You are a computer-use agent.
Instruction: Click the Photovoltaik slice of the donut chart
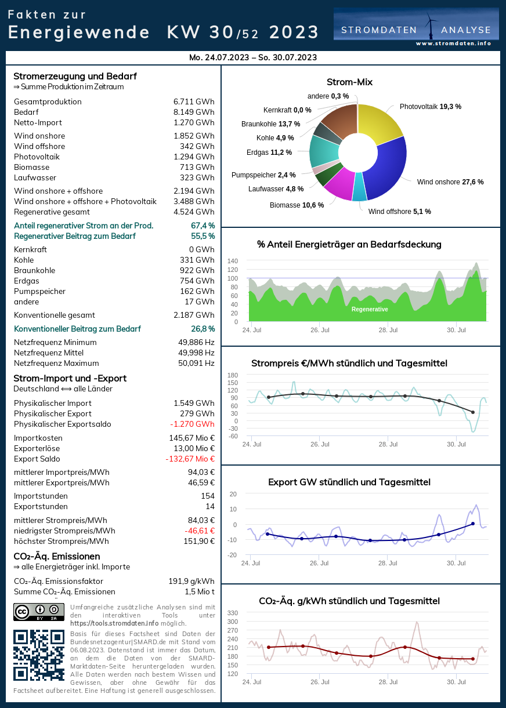click(x=384, y=124)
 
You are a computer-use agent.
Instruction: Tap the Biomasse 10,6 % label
click(x=297, y=205)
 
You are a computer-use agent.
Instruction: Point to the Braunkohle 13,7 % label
click(x=270, y=124)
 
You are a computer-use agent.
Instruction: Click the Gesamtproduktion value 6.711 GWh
click(x=194, y=102)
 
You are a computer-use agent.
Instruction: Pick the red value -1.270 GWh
click(x=194, y=424)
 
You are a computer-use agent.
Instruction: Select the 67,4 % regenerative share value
click(x=203, y=226)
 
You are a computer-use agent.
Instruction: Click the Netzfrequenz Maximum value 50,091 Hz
click(x=196, y=364)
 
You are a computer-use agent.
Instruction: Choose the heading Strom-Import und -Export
click(x=70, y=379)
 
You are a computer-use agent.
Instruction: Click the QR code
click(x=38, y=655)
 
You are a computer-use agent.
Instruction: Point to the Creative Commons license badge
click(x=38, y=612)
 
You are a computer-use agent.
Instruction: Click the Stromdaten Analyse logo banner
click(x=415, y=27)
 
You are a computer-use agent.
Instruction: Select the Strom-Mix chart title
click(x=349, y=82)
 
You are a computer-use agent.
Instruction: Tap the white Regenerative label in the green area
click(x=370, y=310)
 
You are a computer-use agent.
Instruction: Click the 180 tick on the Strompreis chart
click(x=232, y=375)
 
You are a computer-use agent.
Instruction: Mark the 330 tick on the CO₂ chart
click(x=232, y=613)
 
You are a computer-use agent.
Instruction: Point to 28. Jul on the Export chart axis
click(x=388, y=563)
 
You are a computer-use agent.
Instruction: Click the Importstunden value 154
click(x=207, y=496)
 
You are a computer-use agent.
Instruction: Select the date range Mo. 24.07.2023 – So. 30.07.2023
click(x=253, y=57)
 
